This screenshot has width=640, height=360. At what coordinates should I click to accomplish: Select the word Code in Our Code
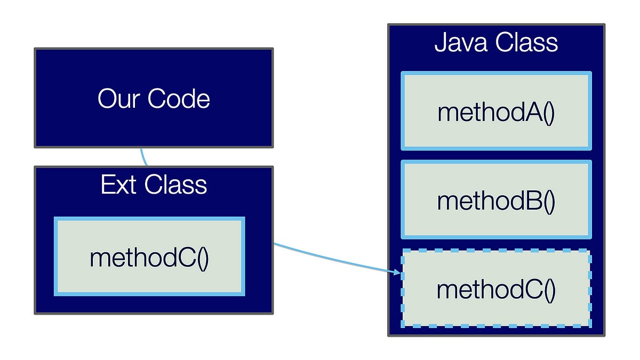[x=179, y=99]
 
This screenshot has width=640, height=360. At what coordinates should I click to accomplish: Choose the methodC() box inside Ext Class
[x=149, y=257]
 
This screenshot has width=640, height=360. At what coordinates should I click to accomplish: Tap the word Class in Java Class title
[x=527, y=43]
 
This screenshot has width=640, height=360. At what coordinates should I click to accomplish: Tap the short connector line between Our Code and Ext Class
[x=143, y=157]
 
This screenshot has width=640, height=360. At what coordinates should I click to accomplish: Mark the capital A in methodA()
[x=535, y=113]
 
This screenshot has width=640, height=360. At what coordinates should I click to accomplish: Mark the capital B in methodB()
[x=535, y=201]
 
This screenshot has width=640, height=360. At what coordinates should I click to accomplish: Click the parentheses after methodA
[x=549, y=114]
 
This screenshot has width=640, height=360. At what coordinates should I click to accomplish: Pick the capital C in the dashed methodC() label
[x=535, y=290]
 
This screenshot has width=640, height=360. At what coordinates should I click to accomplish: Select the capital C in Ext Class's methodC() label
[x=188, y=258]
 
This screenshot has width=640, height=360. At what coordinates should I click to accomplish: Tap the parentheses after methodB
[x=549, y=202]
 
